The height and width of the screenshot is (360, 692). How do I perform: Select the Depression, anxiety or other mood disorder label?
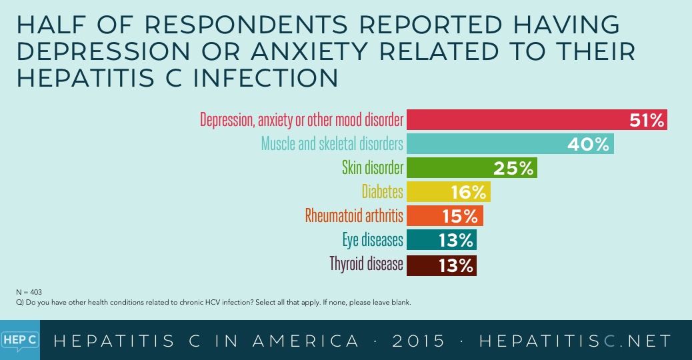(x=301, y=121)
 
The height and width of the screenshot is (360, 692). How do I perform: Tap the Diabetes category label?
(x=383, y=192)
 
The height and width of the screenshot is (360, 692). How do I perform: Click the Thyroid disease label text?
(x=366, y=264)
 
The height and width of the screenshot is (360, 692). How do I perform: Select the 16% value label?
(x=468, y=193)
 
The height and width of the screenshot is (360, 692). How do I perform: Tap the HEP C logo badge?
(x=19, y=339)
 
